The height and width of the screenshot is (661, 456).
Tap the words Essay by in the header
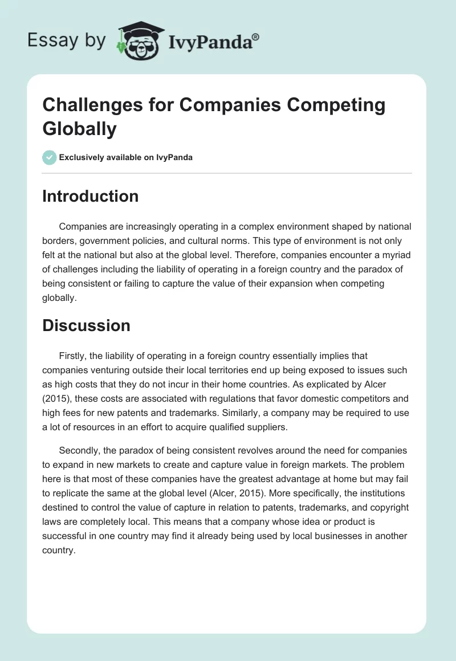tap(66, 40)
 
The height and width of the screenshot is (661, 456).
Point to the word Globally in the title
tap(79, 128)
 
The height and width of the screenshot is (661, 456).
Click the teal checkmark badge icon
tap(50, 157)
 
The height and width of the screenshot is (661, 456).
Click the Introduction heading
tap(90, 196)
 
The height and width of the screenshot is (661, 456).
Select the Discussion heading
tap(86, 325)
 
